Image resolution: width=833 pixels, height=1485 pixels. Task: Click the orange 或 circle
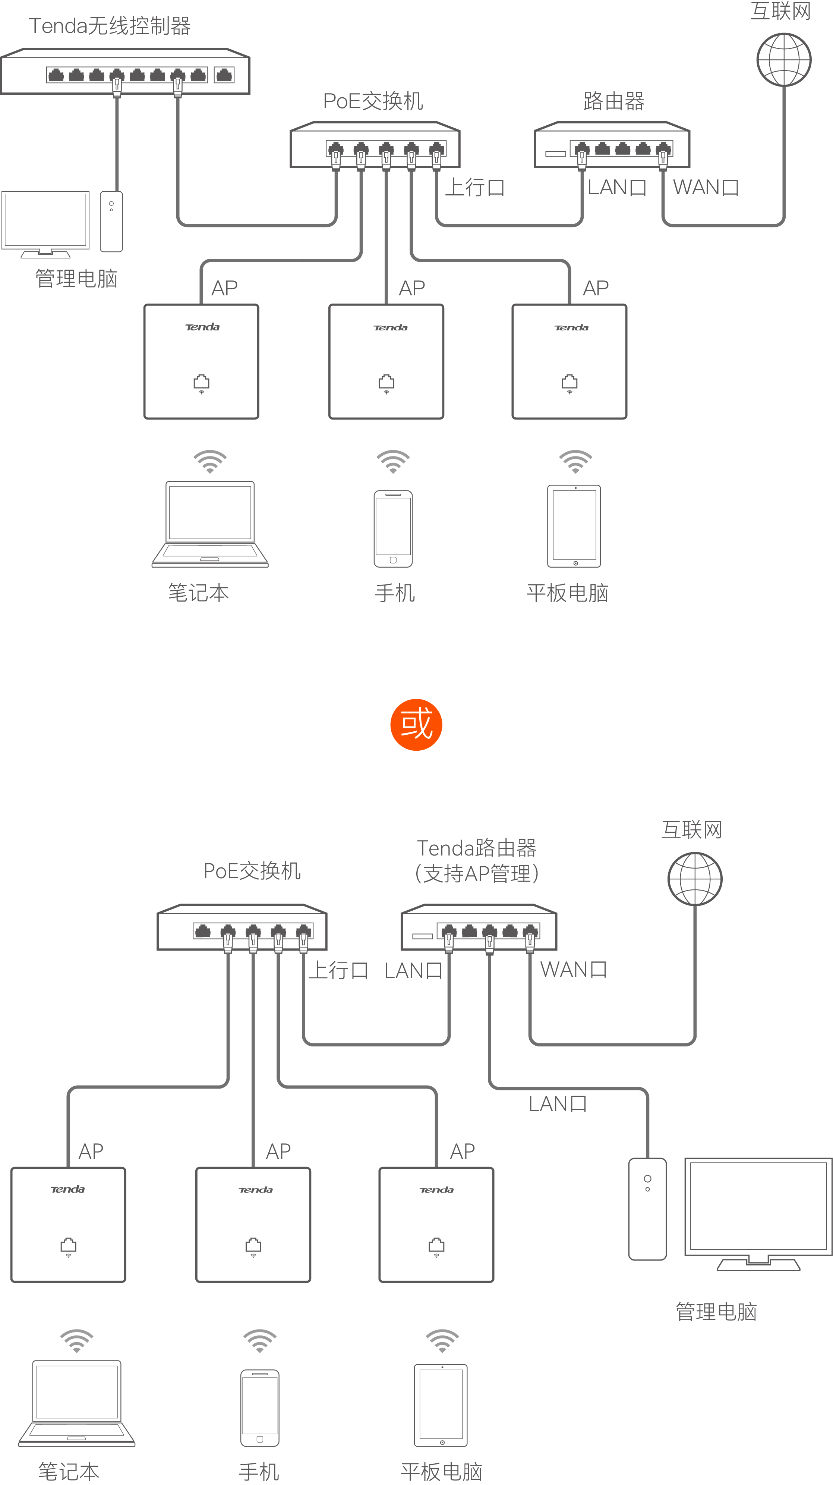pos(416,725)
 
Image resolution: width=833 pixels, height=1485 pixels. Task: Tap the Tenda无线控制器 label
pos(110,26)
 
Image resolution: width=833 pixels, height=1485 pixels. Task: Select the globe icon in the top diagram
pos(783,59)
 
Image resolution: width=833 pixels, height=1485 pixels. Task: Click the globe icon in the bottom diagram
pos(695,879)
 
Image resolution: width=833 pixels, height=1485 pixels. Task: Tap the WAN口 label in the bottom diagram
pos(573,970)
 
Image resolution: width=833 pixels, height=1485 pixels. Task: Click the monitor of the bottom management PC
pos(758,1211)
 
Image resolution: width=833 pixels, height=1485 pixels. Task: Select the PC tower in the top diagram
pos(111,222)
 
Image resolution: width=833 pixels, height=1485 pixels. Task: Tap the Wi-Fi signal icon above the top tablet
pos(575,461)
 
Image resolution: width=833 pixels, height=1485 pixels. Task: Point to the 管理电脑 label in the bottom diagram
pos(716,1312)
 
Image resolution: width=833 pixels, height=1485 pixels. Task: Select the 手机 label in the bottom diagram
pos(259,1471)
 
